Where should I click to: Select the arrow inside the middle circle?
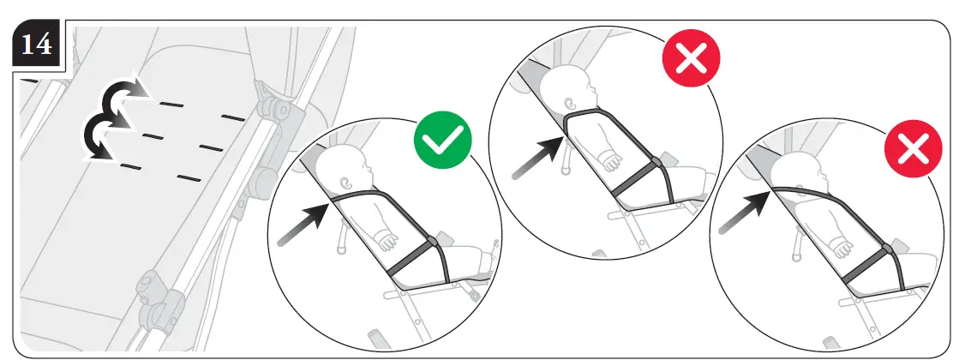536,157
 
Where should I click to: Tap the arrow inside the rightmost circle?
742,213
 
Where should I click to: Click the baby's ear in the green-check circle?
347,183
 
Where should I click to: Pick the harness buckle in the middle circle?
656,162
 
